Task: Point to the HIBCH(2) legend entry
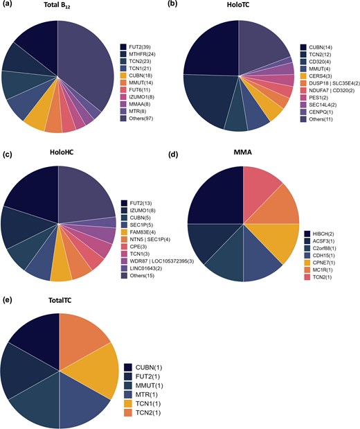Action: (320, 233)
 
